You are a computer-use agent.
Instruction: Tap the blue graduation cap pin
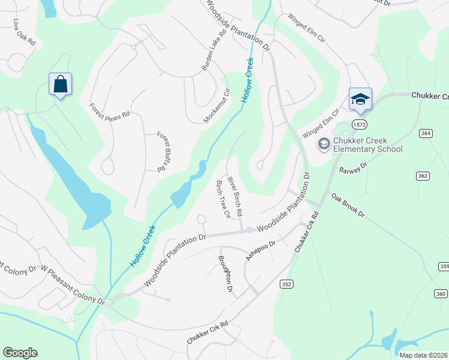click(360, 99)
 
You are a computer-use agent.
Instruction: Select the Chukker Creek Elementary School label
click(367, 145)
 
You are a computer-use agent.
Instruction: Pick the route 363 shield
click(423, 175)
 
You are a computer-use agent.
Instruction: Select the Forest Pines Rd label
click(109, 110)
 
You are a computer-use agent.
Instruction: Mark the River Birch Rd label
click(235, 196)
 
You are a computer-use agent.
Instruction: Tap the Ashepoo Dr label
click(260, 250)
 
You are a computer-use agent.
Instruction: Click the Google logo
click(20, 353)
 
